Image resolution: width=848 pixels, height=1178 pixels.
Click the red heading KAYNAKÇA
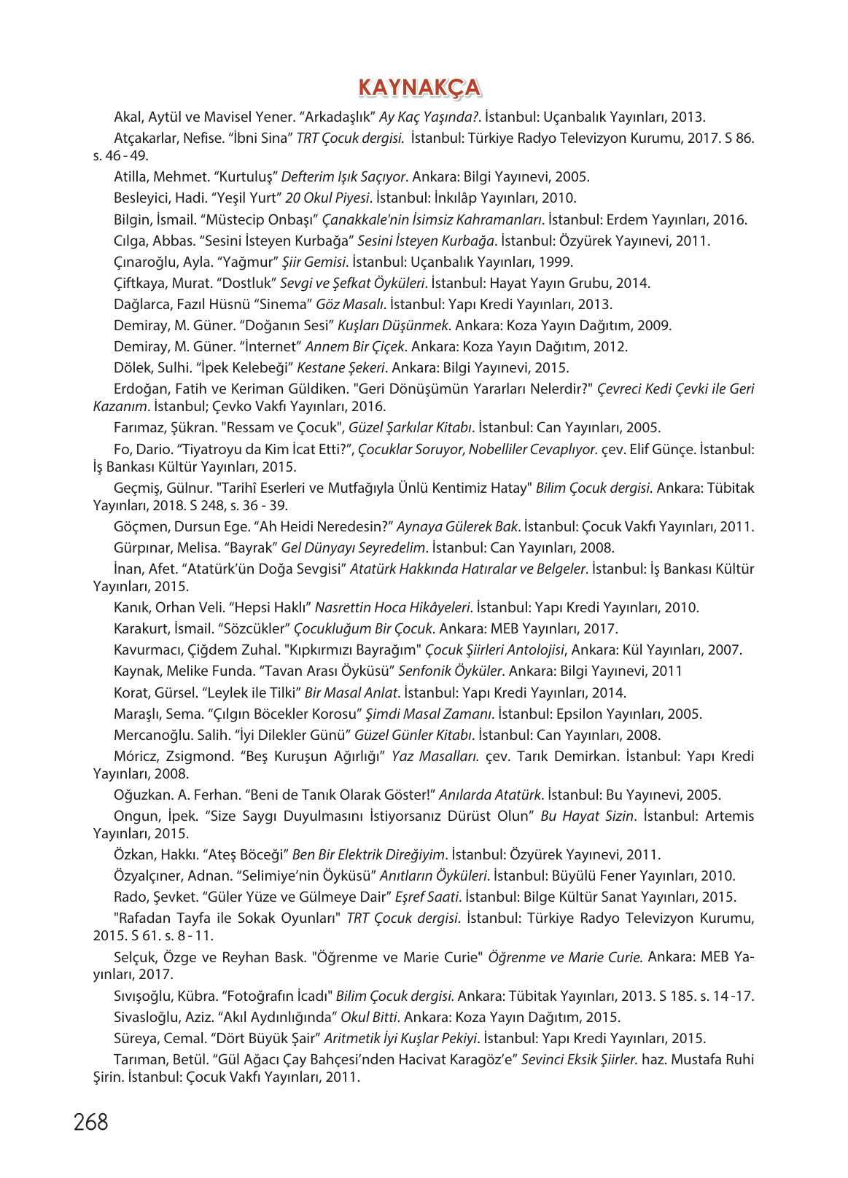coord(419,87)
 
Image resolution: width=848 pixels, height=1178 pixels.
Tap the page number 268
coord(90,1121)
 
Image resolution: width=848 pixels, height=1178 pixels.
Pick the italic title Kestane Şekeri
coord(342,367)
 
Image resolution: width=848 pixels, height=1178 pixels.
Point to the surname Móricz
coord(136,756)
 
